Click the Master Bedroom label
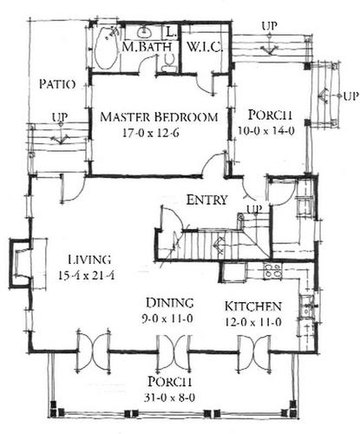point(159,117)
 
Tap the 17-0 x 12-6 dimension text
point(151,133)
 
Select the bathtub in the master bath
point(106,49)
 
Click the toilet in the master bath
point(168,62)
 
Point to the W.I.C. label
point(205,47)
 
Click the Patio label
point(57,84)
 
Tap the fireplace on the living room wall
point(21,263)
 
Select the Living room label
point(89,260)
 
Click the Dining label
point(169,303)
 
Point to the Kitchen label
point(253,306)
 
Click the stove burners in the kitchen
point(272,270)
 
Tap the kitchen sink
point(306,306)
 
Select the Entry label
point(206,200)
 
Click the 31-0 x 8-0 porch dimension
point(169,398)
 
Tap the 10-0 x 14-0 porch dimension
point(266,131)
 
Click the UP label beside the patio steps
point(60,118)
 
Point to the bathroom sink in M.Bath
point(144,32)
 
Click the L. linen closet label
point(171,32)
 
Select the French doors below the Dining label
point(173,353)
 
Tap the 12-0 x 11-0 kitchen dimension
point(253,322)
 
